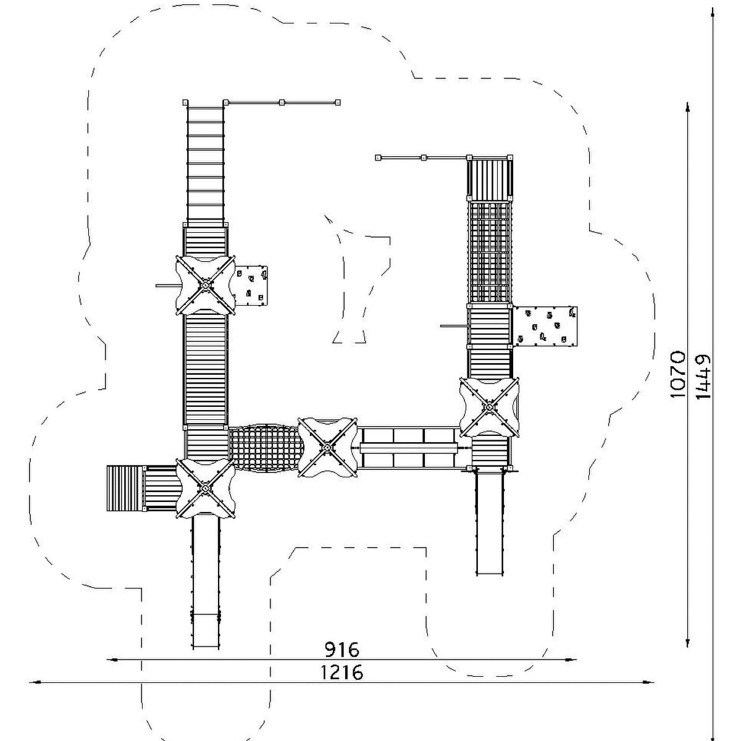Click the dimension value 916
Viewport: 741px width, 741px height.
tap(342, 650)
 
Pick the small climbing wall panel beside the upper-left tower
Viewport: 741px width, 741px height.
tap(251, 286)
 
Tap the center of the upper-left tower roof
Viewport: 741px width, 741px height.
tap(206, 285)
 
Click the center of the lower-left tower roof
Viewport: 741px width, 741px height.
tap(206, 488)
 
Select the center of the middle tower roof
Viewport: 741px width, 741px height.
tap(327, 447)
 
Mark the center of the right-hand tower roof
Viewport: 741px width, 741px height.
tap(490, 407)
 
